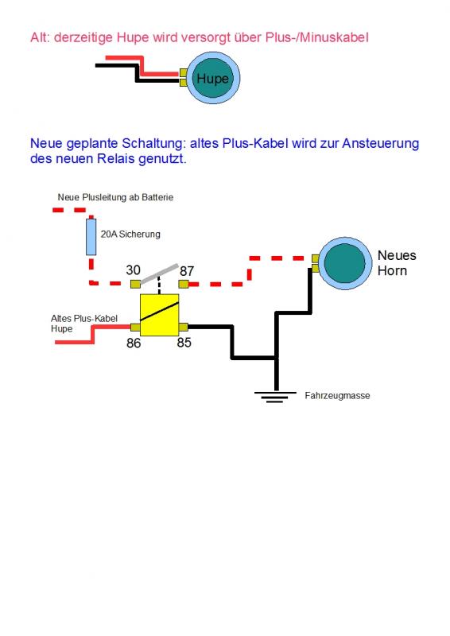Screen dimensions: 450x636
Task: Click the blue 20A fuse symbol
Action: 91,237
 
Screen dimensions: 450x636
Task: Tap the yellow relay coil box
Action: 160,315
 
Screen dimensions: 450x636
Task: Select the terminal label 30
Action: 133,270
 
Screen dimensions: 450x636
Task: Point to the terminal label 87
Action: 187,271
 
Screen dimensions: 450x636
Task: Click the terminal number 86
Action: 134,343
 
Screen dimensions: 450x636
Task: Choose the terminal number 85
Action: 184,343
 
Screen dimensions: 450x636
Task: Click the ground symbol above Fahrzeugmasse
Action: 275,397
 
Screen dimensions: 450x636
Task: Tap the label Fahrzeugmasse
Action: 337,395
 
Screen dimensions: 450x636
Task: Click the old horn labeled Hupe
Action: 212,78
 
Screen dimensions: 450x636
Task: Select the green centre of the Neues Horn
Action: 345,263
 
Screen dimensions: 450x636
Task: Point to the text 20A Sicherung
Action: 130,234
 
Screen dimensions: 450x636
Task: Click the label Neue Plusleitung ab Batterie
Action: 115,197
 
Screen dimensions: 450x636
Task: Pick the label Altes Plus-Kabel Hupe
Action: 84,324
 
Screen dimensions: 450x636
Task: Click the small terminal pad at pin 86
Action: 135,327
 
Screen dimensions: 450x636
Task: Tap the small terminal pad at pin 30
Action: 135,284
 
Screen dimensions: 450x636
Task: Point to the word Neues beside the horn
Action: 397,255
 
